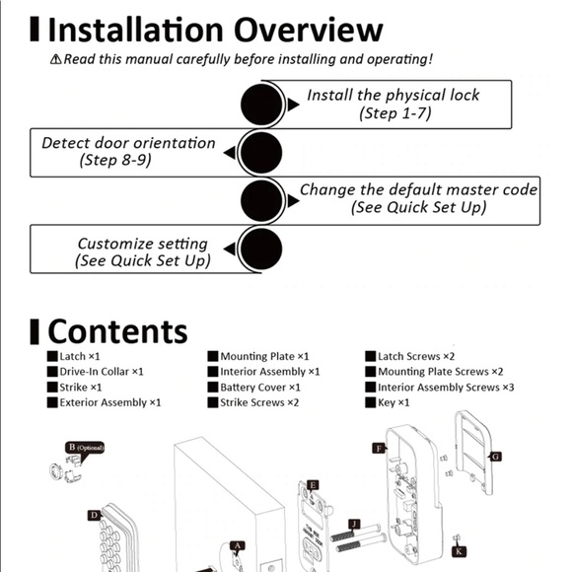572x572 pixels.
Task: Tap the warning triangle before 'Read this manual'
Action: coord(56,60)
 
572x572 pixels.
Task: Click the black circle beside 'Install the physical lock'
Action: coord(262,105)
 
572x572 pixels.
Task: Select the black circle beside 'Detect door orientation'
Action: coord(262,153)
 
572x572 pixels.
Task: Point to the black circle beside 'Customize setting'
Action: coord(262,250)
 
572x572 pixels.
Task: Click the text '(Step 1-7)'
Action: coord(395,113)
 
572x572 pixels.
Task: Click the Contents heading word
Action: coord(117,331)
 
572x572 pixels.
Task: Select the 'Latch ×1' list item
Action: coord(79,356)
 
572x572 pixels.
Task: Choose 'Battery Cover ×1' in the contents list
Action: coord(260,388)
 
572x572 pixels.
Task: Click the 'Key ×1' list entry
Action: coord(394,402)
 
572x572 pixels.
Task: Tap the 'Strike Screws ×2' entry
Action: coord(259,402)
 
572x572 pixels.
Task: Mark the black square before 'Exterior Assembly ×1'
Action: coord(52,402)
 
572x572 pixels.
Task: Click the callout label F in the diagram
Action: coord(378,448)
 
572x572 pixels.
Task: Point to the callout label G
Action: coord(496,457)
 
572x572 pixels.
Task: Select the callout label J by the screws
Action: coord(354,524)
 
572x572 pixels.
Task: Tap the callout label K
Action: coord(459,551)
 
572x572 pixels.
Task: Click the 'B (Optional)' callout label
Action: coord(86,447)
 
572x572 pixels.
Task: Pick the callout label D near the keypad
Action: coord(94,515)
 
